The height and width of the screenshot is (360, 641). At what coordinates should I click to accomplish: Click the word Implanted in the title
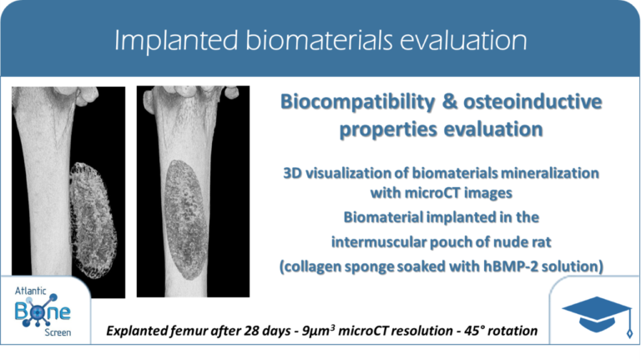coord(176,41)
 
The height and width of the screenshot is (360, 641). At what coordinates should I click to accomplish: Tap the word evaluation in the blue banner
coord(463,40)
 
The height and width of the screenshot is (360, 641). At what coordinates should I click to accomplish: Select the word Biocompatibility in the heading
coord(357,103)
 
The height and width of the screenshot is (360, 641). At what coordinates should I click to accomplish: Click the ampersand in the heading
coord(450,101)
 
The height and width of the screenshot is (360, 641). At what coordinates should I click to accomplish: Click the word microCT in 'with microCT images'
coord(442,193)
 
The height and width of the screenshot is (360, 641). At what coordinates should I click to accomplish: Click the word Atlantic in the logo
coord(31,292)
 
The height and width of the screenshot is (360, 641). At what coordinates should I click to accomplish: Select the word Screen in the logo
coord(58,332)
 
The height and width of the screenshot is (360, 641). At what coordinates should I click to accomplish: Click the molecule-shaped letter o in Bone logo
coord(38,312)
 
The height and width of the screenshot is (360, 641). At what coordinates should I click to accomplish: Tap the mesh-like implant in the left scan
coord(93,220)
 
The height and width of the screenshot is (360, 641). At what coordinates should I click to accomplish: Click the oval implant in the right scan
coord(186,220)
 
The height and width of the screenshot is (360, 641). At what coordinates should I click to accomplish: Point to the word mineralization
coord(550,173)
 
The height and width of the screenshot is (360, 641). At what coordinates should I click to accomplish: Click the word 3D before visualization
coord(293,173)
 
